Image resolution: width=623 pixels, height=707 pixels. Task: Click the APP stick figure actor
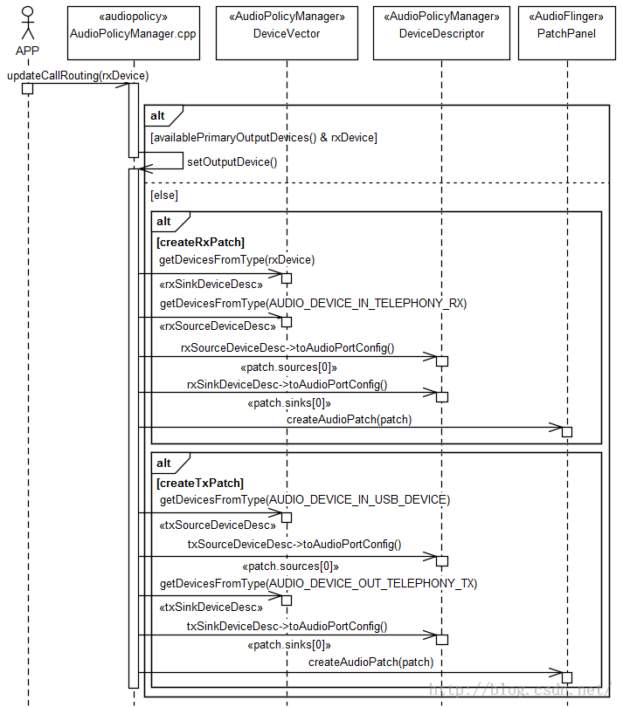pos(28,23)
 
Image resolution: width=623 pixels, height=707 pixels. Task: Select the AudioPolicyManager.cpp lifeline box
pos(134,33)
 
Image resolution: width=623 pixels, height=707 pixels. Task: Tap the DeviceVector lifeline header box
pos(287,33)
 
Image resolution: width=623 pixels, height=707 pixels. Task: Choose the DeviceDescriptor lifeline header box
pos(441,33)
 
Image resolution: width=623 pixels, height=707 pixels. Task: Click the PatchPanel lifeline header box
pos(566,33)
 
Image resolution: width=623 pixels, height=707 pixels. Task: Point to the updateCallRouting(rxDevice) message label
pos(78,75)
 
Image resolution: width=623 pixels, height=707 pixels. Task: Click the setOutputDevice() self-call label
pos(232,161)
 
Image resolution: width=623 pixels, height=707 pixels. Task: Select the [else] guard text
pos(164,196)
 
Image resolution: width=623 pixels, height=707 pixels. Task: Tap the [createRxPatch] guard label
pos(200,242)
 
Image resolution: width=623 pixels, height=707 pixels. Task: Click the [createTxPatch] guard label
pos(200,484)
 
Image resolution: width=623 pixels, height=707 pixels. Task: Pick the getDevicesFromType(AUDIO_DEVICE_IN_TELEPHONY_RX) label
pos(314,303)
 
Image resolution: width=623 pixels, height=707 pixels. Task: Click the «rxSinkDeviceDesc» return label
pos(211,284)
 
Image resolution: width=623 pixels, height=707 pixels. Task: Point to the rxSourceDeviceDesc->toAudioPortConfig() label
pos(287,348)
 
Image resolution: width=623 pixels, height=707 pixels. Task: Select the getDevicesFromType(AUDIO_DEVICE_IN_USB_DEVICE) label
pos(305,499)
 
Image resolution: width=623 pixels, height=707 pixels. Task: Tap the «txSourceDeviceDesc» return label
pos(218,525)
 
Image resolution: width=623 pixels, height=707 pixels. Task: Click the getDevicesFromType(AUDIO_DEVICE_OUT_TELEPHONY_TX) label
pos(318,583)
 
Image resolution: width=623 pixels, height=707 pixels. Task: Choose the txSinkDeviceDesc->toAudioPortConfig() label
pos(287,627)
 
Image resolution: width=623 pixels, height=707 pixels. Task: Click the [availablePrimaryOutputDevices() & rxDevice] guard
pos(264,138)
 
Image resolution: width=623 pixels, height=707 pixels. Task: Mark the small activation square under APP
pos(28,88)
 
